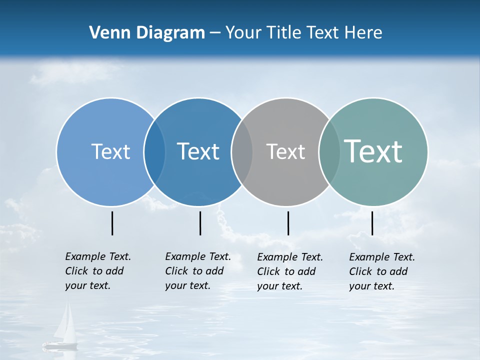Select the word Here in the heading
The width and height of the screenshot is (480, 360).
tap(363, 33)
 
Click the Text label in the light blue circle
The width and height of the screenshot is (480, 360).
tap(110, 151)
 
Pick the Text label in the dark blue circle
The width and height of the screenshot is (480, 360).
tap(198, 151)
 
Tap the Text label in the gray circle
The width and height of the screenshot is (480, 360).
tap(285, 151)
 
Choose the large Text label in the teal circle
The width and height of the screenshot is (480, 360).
tap(373, 151)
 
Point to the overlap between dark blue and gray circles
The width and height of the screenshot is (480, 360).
tap(242, 152)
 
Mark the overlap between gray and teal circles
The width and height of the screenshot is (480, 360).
tap(328, 152)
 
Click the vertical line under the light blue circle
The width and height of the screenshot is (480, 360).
tap(112, 223)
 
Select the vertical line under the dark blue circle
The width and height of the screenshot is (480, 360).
tap(200, 223)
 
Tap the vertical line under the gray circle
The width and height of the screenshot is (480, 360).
tap(288, 223)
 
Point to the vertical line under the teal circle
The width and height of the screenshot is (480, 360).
tap(372, 223)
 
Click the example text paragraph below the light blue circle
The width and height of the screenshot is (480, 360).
tap(97, 271)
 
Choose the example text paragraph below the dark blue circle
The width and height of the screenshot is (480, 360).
tap(197, 271)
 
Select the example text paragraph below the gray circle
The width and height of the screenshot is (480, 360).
tap(289, 271)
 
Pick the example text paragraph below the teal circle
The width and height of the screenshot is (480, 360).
tap(381, 271)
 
